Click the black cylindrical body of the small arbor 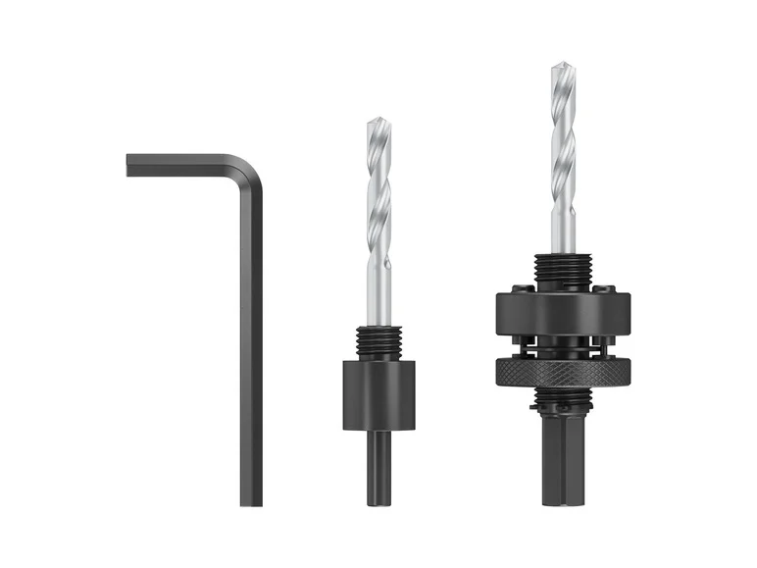378,393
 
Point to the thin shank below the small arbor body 378,466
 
